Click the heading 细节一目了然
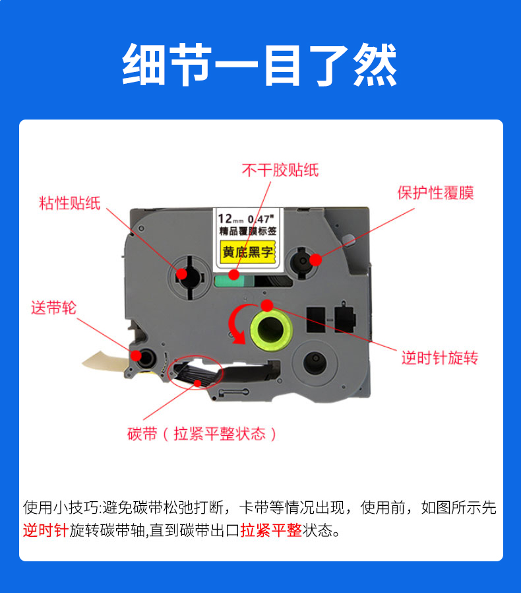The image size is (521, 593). point(260,65)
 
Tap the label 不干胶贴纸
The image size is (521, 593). point(280,170)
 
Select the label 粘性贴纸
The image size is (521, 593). point(69,203)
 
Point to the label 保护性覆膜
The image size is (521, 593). point(435,193)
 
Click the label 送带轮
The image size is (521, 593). point(53,308)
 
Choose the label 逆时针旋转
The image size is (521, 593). point(440,358)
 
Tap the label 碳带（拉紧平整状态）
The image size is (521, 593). point(202,434)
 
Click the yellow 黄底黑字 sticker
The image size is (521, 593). point(247,252)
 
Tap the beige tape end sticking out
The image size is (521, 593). point(106,361)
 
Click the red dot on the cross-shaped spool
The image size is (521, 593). point(182,274)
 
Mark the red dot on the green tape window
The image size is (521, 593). point(234,275)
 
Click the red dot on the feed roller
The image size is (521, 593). point(136,355)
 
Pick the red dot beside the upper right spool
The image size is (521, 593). point(315,260)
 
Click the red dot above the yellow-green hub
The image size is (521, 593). point(267,305)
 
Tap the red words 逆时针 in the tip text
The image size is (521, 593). point(46,530)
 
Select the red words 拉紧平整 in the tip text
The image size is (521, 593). point(271,530)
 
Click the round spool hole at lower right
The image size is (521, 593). point(315,363)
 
